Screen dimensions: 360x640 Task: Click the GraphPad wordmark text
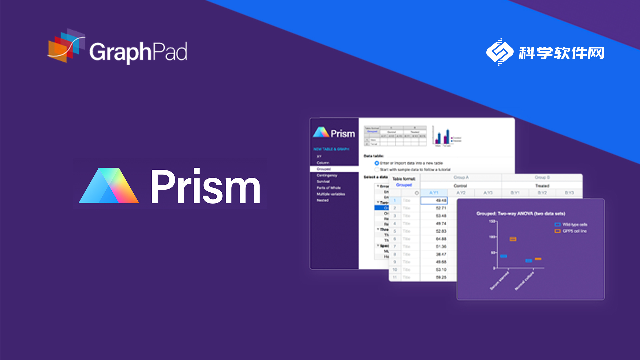139,50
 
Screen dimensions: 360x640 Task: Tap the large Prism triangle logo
107,186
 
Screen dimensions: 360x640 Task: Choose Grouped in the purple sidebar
324,168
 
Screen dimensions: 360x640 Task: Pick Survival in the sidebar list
323,181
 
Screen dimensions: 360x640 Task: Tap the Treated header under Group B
545,184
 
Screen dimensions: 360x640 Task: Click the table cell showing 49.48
435,200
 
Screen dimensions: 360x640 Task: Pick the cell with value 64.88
435,240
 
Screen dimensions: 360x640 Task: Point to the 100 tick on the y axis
491,236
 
